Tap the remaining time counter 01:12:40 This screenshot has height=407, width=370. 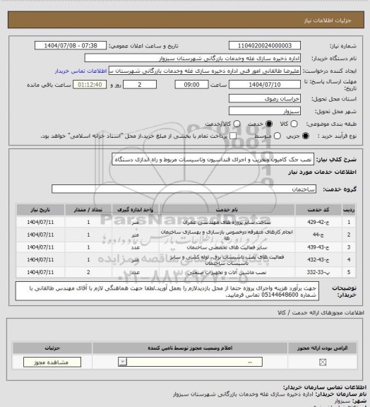pos(72,84)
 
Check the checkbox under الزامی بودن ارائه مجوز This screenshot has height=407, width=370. pos(323,362)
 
